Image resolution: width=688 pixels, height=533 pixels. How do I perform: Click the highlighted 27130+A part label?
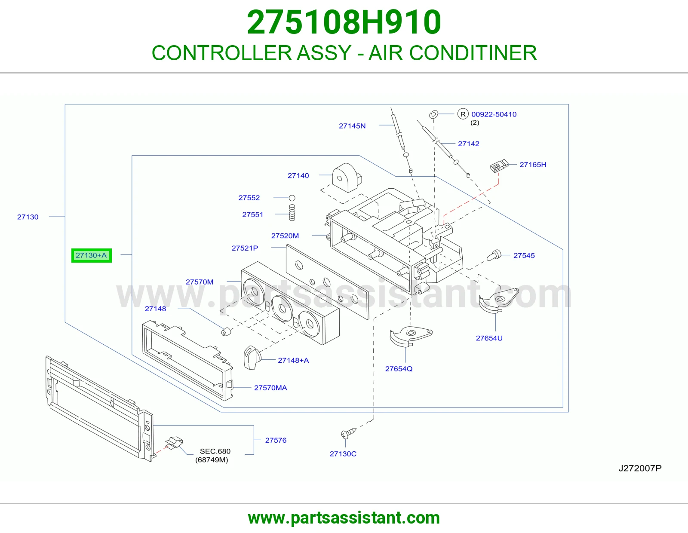point(91,255)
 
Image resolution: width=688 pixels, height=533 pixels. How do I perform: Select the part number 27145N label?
point(352,126)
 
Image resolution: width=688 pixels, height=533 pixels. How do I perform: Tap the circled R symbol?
point(463,114)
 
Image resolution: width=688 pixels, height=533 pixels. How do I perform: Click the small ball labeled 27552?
point(292,198)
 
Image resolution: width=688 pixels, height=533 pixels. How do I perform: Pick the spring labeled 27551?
point(292,212)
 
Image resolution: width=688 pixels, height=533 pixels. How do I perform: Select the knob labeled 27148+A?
point(252,358)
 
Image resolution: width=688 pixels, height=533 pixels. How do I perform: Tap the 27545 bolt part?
point(494,255)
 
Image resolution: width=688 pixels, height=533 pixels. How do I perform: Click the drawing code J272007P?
point(640,468)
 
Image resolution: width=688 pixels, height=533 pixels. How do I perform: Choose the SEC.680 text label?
point(215,451)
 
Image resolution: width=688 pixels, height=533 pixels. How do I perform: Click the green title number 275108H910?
point(344,22)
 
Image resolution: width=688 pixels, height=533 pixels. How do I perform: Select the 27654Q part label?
point(399,369)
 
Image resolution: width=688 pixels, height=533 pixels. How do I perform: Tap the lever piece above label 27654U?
point(498,301)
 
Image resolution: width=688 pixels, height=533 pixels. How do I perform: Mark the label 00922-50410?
point(494,114)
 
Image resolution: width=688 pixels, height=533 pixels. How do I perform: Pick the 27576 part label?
point(276,440)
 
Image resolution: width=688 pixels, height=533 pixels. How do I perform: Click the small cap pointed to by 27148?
point(225,332)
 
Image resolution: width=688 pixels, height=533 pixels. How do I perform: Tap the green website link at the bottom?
point(344,518)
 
